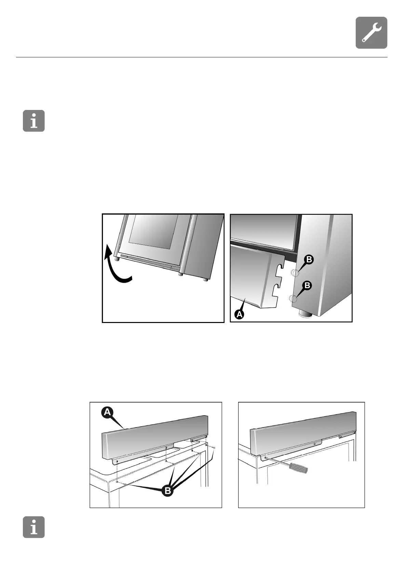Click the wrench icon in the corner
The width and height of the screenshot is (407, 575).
371,32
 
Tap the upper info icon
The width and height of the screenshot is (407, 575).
33,121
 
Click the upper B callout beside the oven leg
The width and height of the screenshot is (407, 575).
309,260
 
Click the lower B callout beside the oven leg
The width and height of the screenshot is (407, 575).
307,285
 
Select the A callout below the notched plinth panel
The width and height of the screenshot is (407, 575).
239,314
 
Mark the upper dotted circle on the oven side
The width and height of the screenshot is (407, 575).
295,273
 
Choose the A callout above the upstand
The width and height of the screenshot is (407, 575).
107,412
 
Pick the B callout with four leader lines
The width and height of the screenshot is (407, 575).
167,491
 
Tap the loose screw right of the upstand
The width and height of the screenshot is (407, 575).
214,448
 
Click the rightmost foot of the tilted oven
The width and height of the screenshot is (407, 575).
205,279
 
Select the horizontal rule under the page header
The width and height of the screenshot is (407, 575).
202,57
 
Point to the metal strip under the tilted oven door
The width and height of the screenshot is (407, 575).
150,262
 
